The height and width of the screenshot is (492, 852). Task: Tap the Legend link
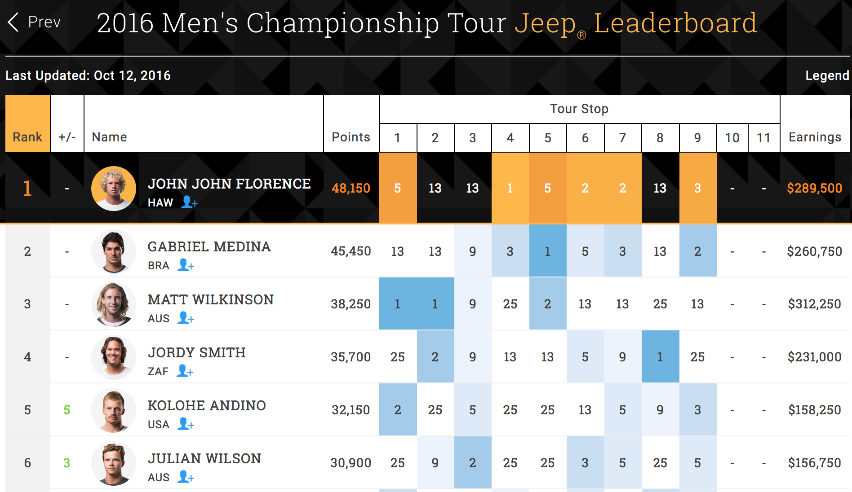pyautogui.click(x=826, y=75)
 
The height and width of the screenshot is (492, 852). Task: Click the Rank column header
pyautogui.click(x=27, y=137)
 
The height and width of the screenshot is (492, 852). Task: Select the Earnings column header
pyautogui.click(x=815, y=137)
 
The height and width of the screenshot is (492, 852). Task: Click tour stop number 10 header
pyautogui.click(x=732, y=138)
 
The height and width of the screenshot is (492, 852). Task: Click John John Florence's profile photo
pyautogui.click(x=114, y=189)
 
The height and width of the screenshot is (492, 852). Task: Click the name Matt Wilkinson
pyautogui.click(x=210, y=299)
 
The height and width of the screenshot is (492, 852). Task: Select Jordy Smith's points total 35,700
pyautogui.click(x=351, y=357)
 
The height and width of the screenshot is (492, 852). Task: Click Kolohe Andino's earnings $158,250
pyautogui.click(x=814, y=410)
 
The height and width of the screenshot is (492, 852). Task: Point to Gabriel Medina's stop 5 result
pyautogui.click(x=547, y=251)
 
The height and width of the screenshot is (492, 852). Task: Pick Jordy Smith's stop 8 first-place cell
pyautogui.click(x=660, y=357)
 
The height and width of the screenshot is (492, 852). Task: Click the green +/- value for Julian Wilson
pyautogui.click(x=67, y=463)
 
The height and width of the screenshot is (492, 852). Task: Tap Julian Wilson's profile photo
pyautogui.click(x=114, y=463)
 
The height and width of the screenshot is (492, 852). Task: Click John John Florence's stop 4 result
pyautogui.click(x=510, y=188)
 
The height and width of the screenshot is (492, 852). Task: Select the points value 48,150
pyautogui.click(x=351, y=188)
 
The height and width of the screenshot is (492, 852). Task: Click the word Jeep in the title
pyautogui.click(x=545, y=23)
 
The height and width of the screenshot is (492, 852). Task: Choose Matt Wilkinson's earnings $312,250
pyautogui.click(x=814, y=304)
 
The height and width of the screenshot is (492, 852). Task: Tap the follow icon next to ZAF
pyautogui.click(x=185, y=371)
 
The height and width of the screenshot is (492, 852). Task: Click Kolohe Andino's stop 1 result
pyautogui.click(x=398, y=410)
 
